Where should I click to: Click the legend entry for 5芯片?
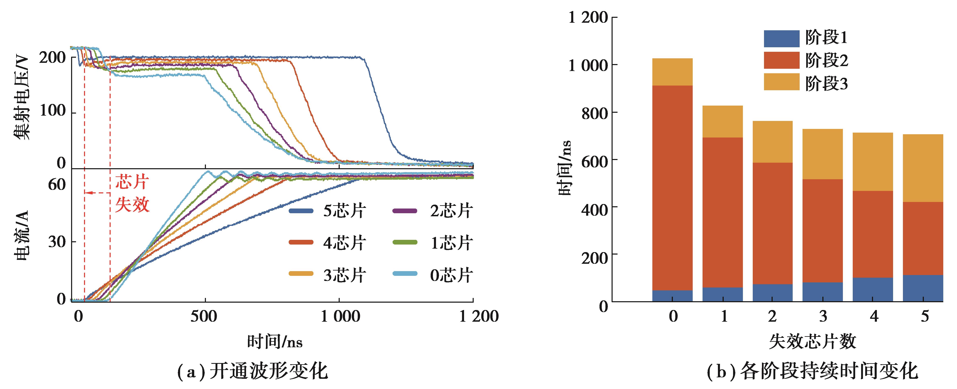click(x=327, y=211)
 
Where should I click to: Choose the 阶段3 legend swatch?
click(x=781, y=82)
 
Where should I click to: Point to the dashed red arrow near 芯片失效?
click(x=97, y=193)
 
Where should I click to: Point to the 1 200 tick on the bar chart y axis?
click(x=588, y=17)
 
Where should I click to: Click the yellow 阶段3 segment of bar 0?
click(x=672, y=72)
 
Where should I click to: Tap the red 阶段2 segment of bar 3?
click(x=823, y=231)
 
